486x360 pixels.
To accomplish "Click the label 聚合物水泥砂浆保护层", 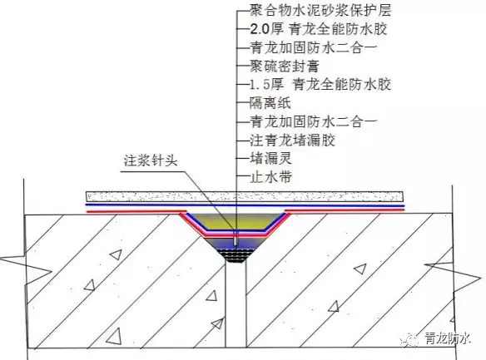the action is point(320,10).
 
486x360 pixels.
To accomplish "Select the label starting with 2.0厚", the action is point(319,29).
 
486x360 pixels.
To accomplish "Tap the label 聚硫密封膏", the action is point(285,67).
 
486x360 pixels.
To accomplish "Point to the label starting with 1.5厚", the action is point(320,85).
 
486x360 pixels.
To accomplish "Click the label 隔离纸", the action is point(270,103).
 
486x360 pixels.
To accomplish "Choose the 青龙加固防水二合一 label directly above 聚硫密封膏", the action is point(314,47).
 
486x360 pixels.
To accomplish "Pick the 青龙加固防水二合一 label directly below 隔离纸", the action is point(314,121).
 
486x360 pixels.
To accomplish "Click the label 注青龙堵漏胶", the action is point(292,141).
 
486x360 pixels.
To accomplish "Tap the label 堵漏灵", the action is point(270,159).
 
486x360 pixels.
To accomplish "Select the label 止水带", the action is point(270,177).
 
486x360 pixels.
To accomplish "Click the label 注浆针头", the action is point(151,160).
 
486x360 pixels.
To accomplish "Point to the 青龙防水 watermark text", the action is point(448,338).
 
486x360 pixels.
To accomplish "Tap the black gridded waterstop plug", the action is point(236,254).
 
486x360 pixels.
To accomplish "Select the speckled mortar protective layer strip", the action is point(245,196).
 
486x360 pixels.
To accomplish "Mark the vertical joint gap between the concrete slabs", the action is point(236,305).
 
